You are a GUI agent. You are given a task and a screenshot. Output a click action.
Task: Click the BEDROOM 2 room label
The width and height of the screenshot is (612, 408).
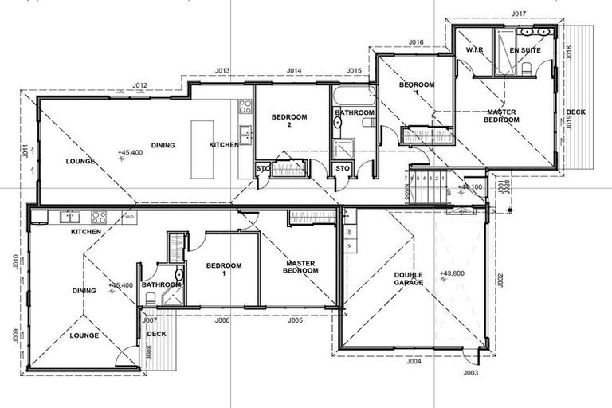(x=288, y=121)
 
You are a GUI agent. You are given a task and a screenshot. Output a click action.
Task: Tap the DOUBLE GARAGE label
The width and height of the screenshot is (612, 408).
(x=409, y=279)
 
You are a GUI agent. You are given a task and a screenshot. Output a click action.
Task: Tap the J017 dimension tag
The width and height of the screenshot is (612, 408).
(x=520, y=14)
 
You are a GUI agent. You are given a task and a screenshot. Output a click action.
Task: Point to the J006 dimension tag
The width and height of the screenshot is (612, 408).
(x=222, y=320)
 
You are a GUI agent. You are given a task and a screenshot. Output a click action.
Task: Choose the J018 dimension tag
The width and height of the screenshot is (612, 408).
(x=569, y=53)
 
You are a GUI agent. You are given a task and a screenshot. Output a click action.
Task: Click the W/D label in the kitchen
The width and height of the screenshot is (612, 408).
(x=127, y=216)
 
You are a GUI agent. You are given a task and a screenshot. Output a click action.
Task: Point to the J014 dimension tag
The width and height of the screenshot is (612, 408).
(x=294, y=71)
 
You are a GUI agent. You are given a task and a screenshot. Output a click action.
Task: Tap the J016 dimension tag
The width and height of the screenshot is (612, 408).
(x=415, y=41)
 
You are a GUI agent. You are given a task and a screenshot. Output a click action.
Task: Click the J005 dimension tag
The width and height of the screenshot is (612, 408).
(x=295, y=320)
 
